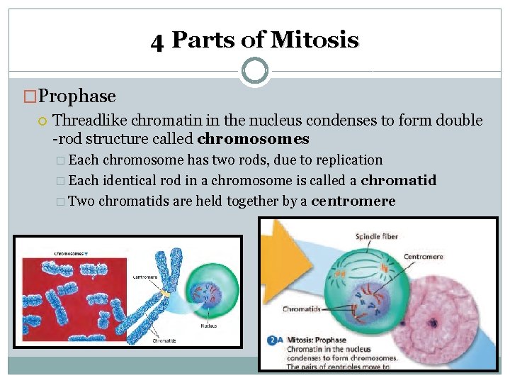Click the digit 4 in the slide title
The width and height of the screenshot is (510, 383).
click(x=157, y=41)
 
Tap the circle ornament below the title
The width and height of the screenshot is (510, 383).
click(x=254, y=71)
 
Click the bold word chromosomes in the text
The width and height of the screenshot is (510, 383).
click(x=254, y=138)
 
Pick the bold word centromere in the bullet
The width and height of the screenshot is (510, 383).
click(x=353, y=201)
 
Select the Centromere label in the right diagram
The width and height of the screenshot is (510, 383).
click(x=424, y=256)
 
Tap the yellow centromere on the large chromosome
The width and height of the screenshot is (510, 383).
click(x=165, y=292)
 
